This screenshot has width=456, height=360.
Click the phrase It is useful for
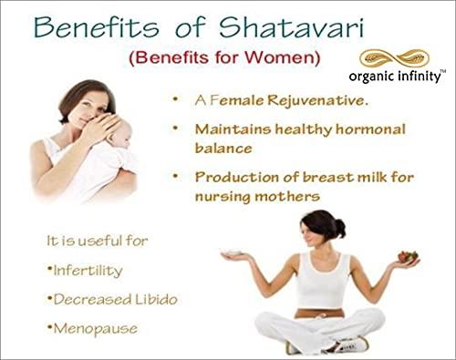pyautogui.click(x=97, y=241)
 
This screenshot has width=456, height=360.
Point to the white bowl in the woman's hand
pyautogui.click(x=232, y=252)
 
